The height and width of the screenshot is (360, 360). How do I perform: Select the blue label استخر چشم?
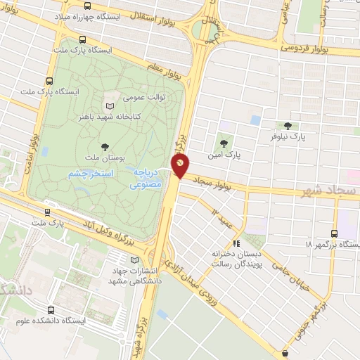(x=94, y=173)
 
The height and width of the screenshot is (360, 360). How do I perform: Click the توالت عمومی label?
(x=144, y=97)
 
